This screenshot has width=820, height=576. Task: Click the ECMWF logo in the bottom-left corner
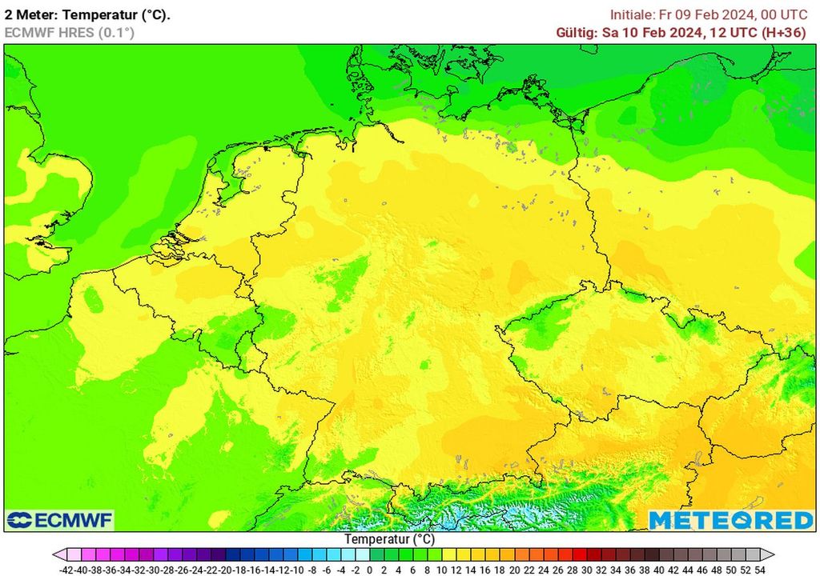60,520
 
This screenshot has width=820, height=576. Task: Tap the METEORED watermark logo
731,520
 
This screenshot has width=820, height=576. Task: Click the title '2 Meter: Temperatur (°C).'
87,15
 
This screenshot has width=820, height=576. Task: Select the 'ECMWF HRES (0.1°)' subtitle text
69,32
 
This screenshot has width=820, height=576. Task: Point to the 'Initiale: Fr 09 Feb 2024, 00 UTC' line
709,14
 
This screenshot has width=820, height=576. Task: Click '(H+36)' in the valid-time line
786,32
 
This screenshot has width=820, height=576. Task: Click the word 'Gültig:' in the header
577,32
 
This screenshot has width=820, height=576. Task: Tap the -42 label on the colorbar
66,570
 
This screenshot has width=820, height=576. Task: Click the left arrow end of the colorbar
58,554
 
